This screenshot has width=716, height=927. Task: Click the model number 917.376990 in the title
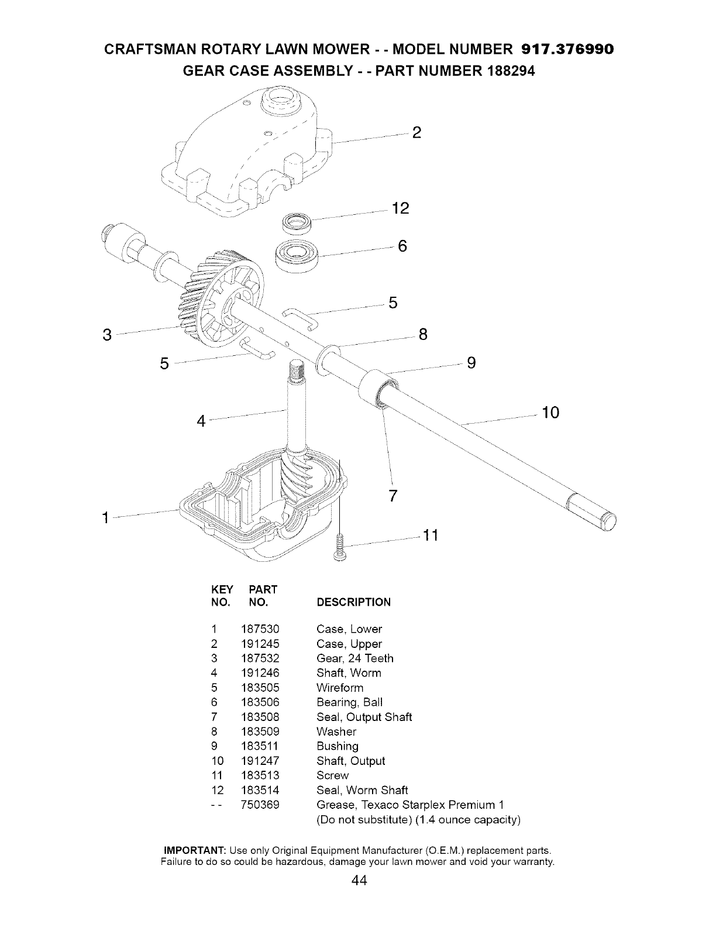[567, 48]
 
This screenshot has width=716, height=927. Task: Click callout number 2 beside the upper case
[416, 133]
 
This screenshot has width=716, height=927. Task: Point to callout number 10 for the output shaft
[551, 413]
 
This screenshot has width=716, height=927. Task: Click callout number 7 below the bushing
[393, 496]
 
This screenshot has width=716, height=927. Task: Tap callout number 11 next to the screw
[431, 535]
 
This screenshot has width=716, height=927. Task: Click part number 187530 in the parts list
[260, 629]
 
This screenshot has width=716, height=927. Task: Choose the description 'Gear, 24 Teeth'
[354, 658]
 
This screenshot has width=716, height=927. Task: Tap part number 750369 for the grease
[260, 805]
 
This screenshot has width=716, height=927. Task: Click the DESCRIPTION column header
[353, 602]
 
